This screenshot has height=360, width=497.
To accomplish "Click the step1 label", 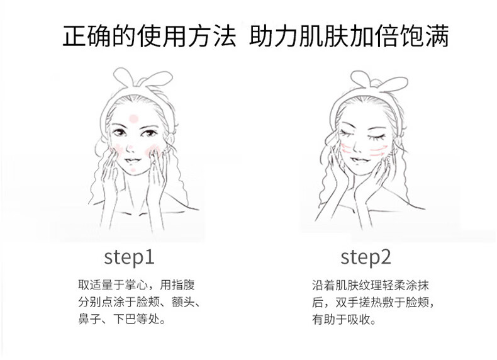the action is (x=130, y=257).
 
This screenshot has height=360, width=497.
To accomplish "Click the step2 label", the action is (x=366, y=257).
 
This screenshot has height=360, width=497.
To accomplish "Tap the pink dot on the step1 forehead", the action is (x=134, y=118).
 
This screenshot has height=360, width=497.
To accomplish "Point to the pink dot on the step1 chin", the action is (x=133, y=171).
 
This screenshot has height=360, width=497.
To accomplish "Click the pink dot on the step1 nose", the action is (x=130, y=147).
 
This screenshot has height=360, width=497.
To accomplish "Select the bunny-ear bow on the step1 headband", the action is (x=143, y=77).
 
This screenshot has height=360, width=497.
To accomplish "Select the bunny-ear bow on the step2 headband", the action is (x=379, y=81).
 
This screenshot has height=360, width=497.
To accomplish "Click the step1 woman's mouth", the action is (x=133, y=160).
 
